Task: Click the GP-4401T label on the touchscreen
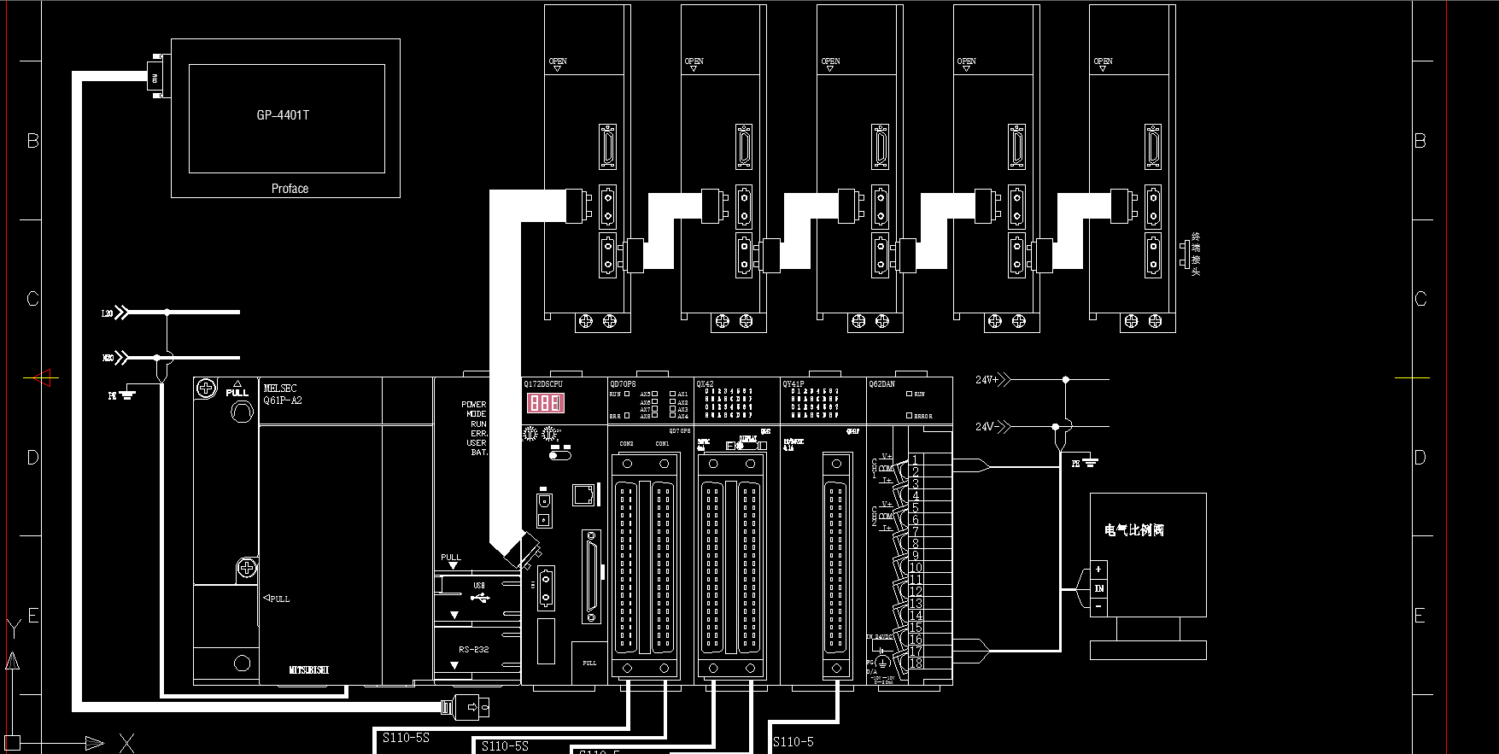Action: [283, 115]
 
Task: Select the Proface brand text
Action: [290, 189]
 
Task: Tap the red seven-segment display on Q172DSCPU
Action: [545, 403]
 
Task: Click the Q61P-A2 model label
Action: [283, 400]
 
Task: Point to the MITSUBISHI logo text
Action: [308, 670]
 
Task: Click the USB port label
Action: [479, 586]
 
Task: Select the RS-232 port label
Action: [473, 650]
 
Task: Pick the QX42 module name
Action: [705, 384]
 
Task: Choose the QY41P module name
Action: [793, 384]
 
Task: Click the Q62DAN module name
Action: [881, 384]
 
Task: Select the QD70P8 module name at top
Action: [623, 384]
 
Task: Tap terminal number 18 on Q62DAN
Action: [916, 663]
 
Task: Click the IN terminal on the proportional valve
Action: [1098, 588]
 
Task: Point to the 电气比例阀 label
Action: [1133, 530]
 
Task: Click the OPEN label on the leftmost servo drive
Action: [558, 61]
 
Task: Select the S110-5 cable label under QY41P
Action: [793, 742]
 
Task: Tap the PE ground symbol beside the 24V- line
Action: [1086, 463]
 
